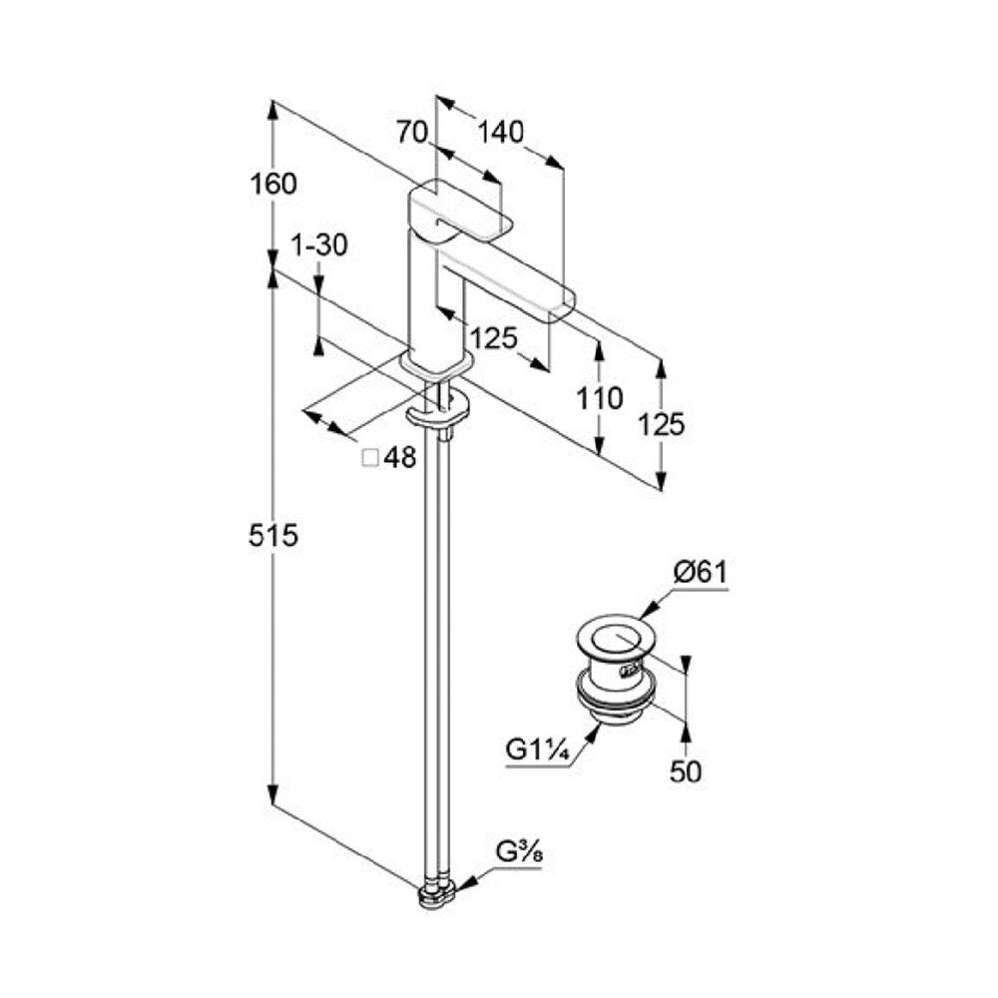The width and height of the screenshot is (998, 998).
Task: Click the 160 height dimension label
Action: pyautogui.click(x=273, y=184)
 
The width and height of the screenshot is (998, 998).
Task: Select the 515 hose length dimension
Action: pyautogui.click(x=273, y=535)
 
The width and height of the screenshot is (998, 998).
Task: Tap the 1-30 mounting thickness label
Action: pyautogui.click(x=319, y=246)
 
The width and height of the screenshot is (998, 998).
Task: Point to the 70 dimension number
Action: pyautogui.click(x=412, y=133)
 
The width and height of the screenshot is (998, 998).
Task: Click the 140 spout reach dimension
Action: pyautogui.click(x=501, y=132)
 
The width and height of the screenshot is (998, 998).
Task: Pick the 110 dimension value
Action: pyautogui.click(x=600, y=399)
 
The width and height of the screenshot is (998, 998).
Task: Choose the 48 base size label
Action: pyautogui.click(x=400, y=457)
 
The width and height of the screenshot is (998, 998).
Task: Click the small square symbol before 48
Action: pyautogui.click(x=370, y=458)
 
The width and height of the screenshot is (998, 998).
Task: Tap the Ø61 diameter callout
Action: pyautogui.click(x=701, y=573)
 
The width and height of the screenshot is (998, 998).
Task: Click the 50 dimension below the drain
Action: pyautogui.click(x=686, y=771)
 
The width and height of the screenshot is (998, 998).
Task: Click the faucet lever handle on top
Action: pyautogui.click(x=459, y=214)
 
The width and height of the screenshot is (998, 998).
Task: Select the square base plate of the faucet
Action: pyautogui.click(x=437, y=364)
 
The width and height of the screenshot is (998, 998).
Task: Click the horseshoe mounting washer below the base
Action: pyautogui.click(x=438, y=408)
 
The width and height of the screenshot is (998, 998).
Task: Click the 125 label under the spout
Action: pyautogui.click(x=494, y=338)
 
